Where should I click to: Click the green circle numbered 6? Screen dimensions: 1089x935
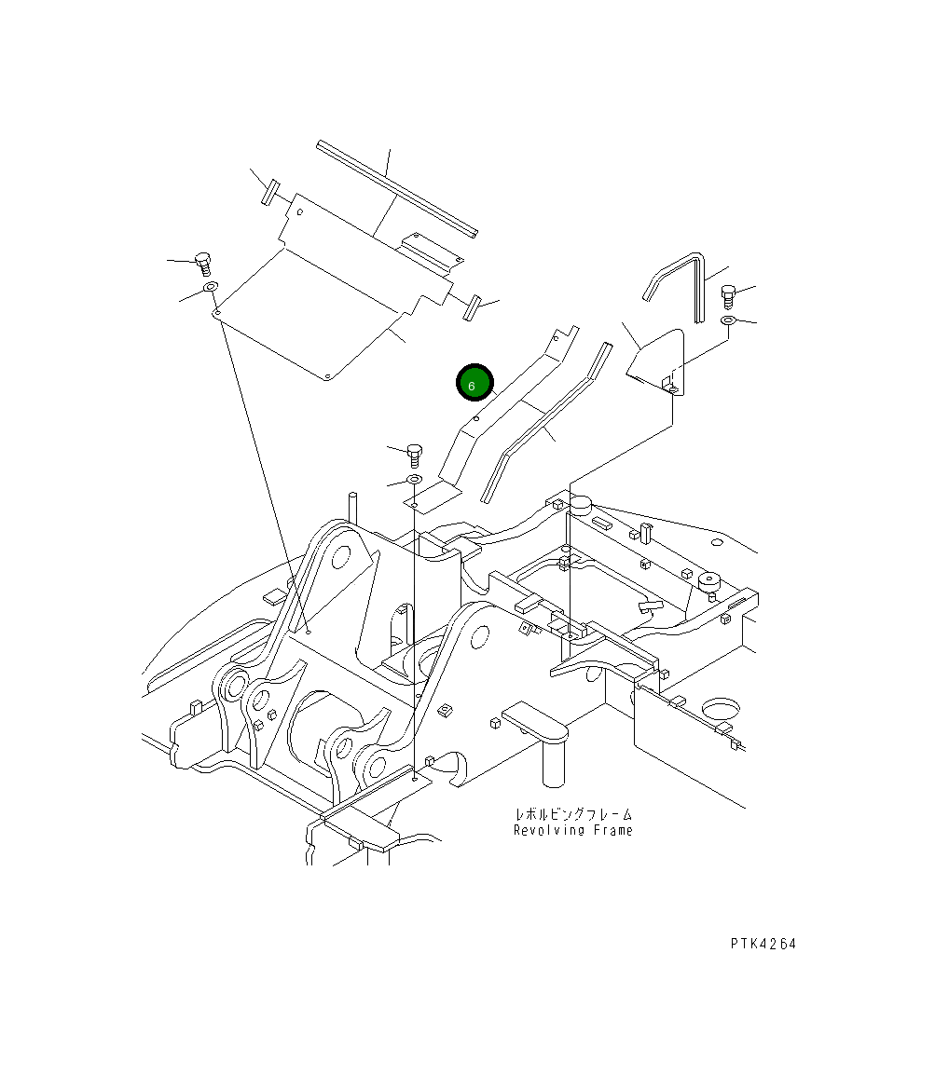pyautogui.click(x=473, y=383)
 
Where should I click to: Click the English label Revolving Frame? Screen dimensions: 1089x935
pyautogui.click(x=572, y=830)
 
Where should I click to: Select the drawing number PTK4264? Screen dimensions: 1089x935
pyautogui.click(x=763, y=944)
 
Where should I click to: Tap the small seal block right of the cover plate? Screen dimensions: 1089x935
pyautogui.click(x=472, y=306)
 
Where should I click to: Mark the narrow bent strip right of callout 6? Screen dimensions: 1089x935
pyautogui.click(x=545, y=424)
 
